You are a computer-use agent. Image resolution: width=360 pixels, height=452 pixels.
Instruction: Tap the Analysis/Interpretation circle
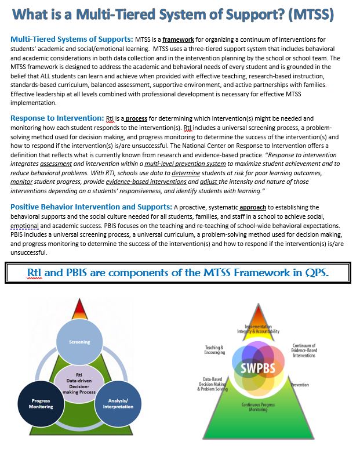point(119,403)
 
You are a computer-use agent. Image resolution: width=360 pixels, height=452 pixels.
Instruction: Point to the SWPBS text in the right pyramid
point(259,368)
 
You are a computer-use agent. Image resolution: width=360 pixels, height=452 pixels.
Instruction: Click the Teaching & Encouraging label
point(214,350)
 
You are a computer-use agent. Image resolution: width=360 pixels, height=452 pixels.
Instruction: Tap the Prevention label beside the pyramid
point(300,385)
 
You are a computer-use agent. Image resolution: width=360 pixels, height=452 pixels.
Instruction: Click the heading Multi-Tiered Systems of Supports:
point(72,39)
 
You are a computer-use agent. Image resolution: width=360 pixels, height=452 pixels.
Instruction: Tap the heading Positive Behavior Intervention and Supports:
point(91,206)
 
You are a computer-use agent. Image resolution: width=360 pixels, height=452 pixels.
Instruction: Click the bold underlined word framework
point(178,39)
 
